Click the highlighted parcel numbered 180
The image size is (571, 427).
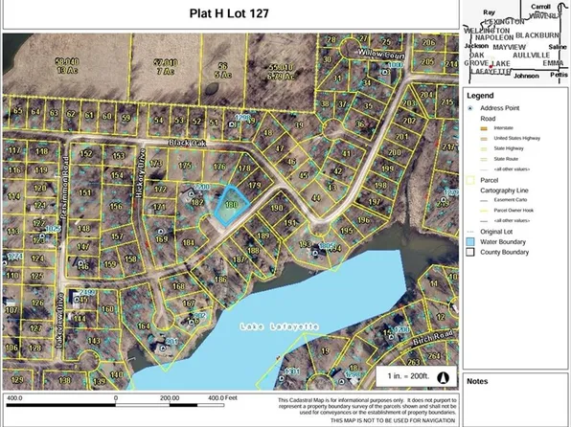click(229, 205)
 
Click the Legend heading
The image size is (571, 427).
click(480, 97)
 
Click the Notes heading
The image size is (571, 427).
click(478, 380)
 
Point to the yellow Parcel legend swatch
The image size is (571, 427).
click(470, 178)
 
